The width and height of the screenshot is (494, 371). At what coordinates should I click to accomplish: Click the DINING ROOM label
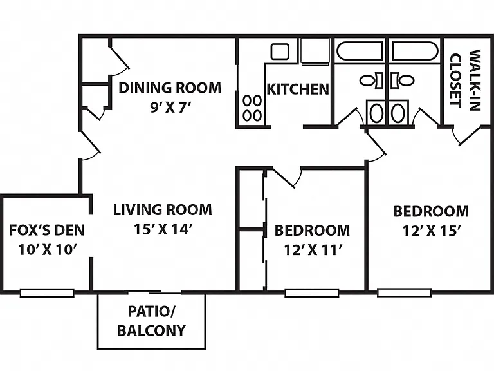click(x=170, y=88)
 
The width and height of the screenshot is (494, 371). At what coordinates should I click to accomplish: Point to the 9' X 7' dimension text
click(x=170, y=108)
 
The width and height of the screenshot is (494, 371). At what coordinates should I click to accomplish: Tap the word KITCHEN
click(x=298, y=90)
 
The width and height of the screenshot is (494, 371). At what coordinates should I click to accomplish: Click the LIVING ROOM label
click(x=163, y=210)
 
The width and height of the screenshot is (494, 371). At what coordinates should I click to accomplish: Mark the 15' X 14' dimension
click(x=163, y=229)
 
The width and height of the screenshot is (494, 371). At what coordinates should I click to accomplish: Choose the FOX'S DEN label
click(x=47, y=231)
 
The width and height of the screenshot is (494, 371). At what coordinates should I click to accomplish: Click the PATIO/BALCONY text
click(x=152, y=321)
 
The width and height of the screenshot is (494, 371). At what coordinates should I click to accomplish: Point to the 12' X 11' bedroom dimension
click(x=313, y=250)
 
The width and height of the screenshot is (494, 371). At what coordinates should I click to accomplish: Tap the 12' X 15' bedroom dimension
click(x=432, y=231)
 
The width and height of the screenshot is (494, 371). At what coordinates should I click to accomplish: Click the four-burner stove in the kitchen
click(x=252, y=108)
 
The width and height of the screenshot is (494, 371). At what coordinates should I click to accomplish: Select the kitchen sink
click(x=280, y=52)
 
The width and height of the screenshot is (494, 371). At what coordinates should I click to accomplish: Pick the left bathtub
click(x=360, y=51)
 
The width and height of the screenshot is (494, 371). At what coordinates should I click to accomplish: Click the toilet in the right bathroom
click(x=402, y=80)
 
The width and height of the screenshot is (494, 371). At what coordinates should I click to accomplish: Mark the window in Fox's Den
click(x=47, y=293)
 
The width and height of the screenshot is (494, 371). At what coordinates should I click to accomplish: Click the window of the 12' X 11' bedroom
click(x=312, y=293)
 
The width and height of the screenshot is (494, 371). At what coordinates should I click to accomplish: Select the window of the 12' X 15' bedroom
click(x=404, y=292)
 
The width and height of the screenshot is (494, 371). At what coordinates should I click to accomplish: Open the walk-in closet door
click(x=471, y=136)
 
